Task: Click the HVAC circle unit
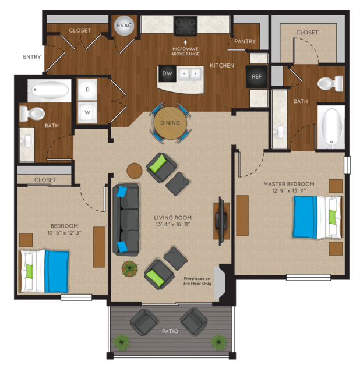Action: [123, 26]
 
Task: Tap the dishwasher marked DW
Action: [167, 73]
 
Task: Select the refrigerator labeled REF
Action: [256, 76]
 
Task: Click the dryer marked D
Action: [87, 90]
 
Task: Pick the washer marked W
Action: [87, 112]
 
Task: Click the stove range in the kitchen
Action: [185, 26]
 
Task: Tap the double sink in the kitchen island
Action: [190, 74]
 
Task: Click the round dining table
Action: [170, 123]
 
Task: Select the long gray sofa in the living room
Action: [126, 219]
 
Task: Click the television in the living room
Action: [221, 221]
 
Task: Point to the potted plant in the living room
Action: [130, 268]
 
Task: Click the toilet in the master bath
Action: [330, 83]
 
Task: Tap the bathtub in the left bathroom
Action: [50, 90]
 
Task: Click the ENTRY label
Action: [32, 57]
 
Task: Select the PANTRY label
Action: [245, 41]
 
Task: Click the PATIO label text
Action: [170, 331]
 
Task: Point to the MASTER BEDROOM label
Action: [289, 184]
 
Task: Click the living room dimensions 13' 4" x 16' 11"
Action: [172, 224]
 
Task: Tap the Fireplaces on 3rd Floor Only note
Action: [197, 281]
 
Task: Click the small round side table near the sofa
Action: [135, 171]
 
